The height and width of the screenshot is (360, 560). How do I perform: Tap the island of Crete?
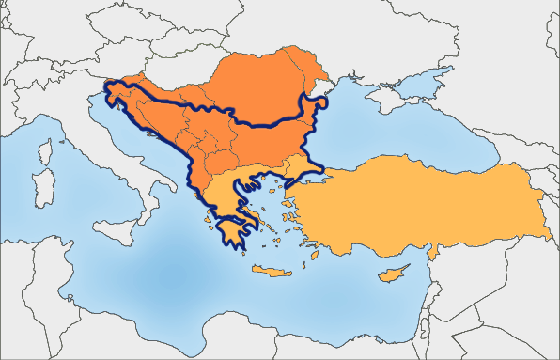pyautogui.click(x=272, y=271)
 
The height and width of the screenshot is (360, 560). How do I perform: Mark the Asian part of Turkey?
pyautogui.click(x=423, y=207)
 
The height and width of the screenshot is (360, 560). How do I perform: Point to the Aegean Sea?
pyautogui.click(x=272, y=211)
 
